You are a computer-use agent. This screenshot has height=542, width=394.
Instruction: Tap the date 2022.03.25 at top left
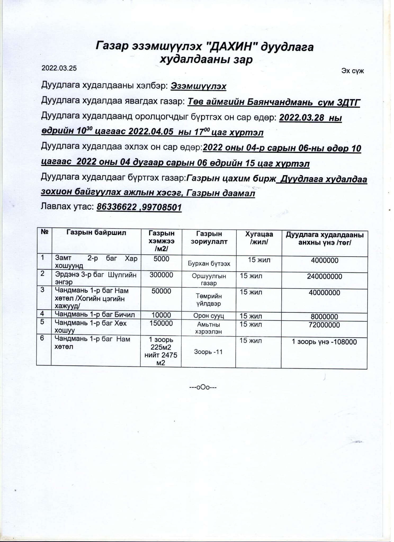59,68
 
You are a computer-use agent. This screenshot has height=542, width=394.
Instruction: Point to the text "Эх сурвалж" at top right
352,71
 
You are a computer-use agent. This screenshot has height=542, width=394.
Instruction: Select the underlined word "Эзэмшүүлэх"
198,86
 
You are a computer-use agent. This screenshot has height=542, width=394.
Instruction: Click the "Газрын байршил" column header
96,233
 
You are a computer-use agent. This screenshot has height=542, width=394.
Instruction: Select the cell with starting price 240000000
324,277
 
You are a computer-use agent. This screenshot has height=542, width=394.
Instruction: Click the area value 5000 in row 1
161,259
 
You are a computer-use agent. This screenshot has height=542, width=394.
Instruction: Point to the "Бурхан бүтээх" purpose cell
209,264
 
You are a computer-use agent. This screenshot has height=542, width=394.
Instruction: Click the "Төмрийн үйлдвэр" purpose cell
209,300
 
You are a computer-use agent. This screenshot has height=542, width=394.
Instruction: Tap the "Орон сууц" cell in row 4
209,316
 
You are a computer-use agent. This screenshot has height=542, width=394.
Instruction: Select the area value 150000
161,323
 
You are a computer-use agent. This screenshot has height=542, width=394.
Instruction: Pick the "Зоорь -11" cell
208,352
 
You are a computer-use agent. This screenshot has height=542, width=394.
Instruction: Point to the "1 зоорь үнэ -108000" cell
324,342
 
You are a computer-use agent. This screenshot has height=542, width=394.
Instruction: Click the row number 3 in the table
43,290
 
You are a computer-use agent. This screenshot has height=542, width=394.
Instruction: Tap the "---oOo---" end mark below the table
203,387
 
